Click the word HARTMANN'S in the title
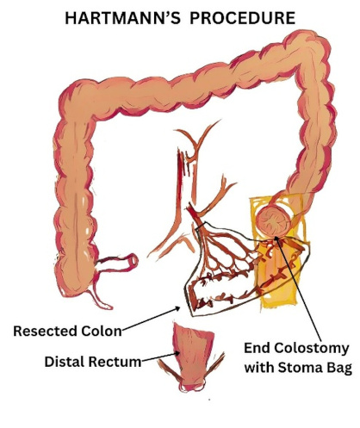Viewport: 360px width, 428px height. (x=122, y=18)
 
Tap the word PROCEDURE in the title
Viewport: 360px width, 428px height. (x=243, y=18)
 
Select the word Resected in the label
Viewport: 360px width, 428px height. (x=46, y=331)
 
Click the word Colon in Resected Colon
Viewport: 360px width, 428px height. (x=102, y=331)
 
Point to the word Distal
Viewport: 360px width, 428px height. (x=65, y=362)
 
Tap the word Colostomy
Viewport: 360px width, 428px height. (x=312, y=349)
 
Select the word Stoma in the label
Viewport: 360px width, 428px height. (x=297, y=367)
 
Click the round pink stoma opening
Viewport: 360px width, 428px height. (x=273, y=221)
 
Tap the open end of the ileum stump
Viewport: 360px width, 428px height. (x=133, y=260)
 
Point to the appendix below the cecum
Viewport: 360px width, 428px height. (x=99, y=299)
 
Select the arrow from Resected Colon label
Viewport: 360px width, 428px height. (x=152, y=319)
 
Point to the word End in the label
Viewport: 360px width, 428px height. (x=257, y=348)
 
